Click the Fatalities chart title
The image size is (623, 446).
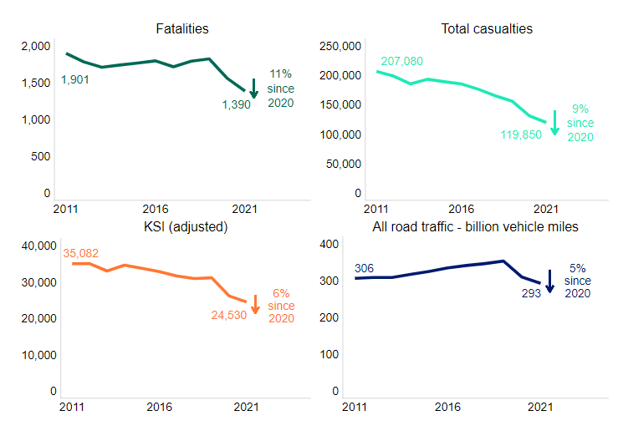(x=182, y=29)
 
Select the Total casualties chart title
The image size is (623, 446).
(x=487, y=29)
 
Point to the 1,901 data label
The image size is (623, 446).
(x=74, y=80)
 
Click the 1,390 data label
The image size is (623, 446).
(x=236, y=104)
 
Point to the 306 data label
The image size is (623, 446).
(x=364, y=268)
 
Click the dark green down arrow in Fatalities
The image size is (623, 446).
(x=254, y=88)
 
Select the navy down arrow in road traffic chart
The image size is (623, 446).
(x=549, y=281)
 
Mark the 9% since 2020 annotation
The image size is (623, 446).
(x=580, y=123)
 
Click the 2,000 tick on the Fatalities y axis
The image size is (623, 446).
(x=35, y=46)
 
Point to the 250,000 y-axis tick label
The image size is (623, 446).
(x=340, y=46)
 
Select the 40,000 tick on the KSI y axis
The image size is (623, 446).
(x=38, y=246)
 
